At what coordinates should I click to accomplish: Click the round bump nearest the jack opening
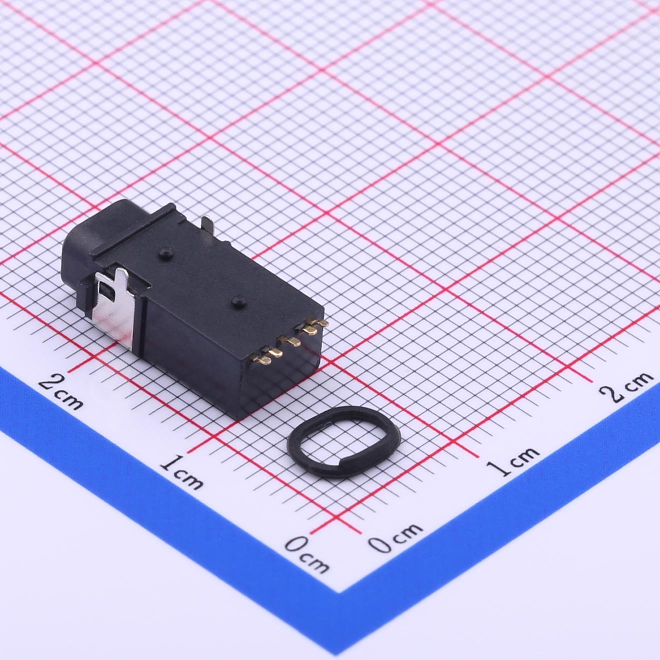(x=164, y=252)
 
